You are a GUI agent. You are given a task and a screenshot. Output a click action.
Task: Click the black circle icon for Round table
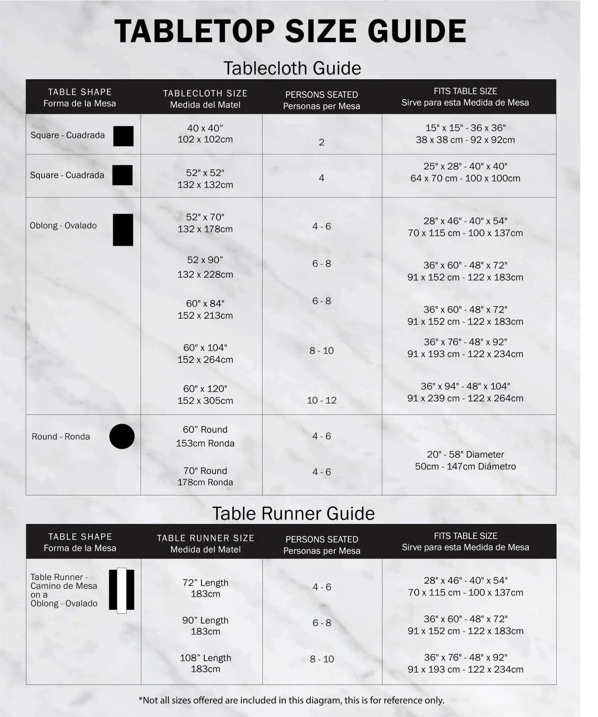122,436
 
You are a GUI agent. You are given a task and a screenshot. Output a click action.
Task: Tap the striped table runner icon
122,590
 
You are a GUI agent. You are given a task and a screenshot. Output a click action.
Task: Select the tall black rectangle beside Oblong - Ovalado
123,230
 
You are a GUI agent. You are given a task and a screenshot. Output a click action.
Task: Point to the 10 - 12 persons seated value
322,400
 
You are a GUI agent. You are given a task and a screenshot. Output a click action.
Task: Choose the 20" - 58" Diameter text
465,454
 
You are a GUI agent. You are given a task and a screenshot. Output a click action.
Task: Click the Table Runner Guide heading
293,513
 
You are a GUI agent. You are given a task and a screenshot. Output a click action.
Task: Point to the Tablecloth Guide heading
292,68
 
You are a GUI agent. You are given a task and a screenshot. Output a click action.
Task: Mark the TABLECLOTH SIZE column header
205,94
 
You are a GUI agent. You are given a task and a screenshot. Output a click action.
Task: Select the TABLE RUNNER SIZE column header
205,538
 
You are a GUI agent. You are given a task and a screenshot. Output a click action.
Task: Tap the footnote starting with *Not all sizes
291,700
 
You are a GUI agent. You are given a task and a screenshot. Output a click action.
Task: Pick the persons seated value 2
322,142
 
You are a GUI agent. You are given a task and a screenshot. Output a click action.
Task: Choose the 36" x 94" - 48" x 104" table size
465,386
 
